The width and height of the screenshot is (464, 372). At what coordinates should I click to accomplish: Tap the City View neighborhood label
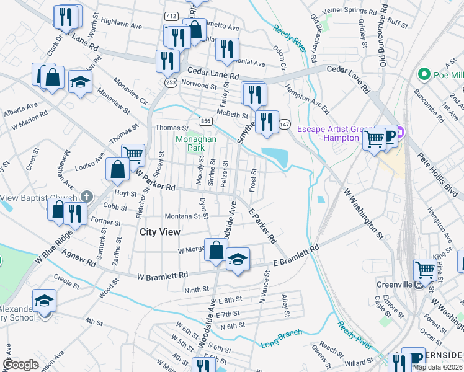click(x=160, y=232)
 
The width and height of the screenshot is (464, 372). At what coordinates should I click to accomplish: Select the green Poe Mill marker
click(x=425, y=75)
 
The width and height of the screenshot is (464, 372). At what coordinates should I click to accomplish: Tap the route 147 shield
click(x=285, y=124)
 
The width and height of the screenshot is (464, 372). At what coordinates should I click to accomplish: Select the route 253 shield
click(x=169, y=82)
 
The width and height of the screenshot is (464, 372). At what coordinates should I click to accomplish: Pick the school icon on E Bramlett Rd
click(x=237, y=260)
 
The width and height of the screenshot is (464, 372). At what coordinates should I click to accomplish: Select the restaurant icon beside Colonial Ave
click(x=228, y=50)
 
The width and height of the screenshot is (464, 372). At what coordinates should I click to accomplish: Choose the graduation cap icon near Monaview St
click(x=80, y=82)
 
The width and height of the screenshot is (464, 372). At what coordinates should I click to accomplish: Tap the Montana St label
click(x=182, y=216)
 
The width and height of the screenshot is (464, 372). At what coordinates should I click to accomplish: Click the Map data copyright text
click(x=437, y=367)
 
